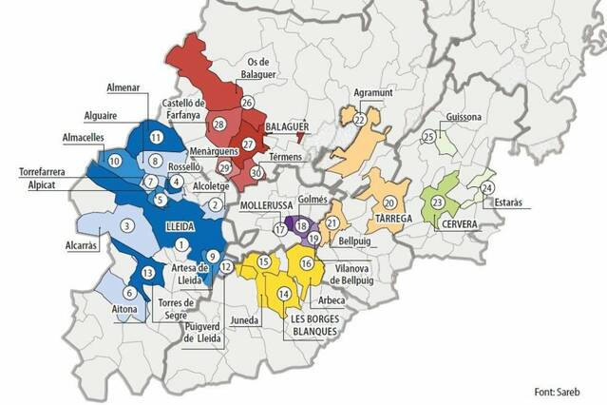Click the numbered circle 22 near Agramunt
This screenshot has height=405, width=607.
click(360, 121)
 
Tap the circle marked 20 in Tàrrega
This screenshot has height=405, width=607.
click(389, 202)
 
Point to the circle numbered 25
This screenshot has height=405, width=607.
click(428, 137)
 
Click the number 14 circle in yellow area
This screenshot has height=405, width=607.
click(284, 296)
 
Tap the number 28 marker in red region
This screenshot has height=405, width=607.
click(218, 125)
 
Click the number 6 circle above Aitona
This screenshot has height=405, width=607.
click(127, 296)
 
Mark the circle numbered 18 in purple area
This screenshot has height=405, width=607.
click(302, 225)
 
